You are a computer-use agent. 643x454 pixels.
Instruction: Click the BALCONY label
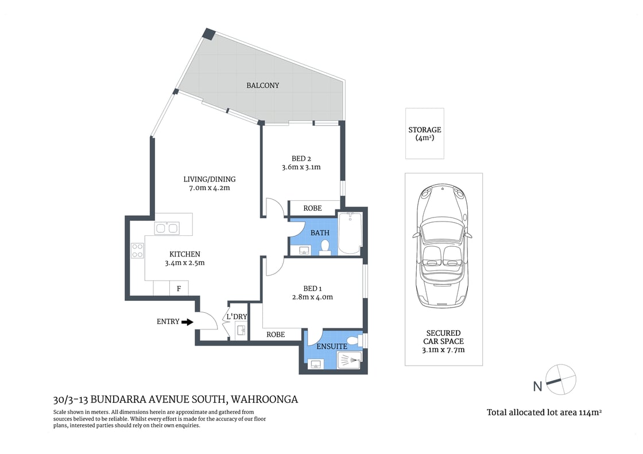pos(262,86)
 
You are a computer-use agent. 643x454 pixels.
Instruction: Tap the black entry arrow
pos(187,322)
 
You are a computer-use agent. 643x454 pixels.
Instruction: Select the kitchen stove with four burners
pos(138,250)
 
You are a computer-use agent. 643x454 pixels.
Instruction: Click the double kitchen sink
pos(166,228)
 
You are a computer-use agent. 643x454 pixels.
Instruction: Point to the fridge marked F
pos(179,289)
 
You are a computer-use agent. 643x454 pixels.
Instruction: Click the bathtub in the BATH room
pos(349,233)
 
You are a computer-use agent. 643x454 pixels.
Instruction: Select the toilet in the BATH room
pos(325,247)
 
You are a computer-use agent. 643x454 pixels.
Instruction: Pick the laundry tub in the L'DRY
pos(241,331)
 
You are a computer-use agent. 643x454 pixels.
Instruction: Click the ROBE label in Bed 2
pos(312,208)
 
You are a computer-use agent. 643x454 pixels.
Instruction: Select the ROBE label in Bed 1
pos(276,334)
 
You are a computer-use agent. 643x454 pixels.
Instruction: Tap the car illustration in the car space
pos(443,245)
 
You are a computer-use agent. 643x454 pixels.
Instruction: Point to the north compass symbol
pos(560,380)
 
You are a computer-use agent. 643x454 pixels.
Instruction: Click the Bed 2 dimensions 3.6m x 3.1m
pos(301,168)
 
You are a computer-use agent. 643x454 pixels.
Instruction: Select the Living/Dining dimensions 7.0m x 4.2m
pos(206,188)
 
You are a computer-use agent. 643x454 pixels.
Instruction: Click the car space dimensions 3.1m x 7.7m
pos(443,350)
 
